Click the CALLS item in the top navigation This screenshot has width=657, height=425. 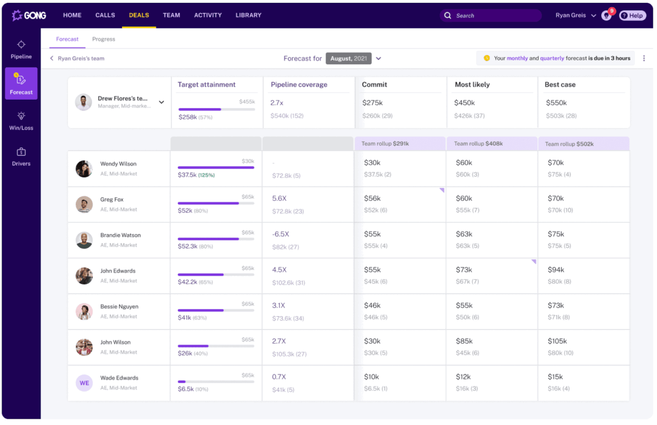(x=105, y=15)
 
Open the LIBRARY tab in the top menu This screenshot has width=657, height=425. (x=248, y=15)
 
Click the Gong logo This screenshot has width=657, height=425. (x=29, y=15)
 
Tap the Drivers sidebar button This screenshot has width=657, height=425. (x=21, y=157)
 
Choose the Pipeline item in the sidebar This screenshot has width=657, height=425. (x=21, y=49)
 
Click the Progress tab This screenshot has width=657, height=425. (x=103, y=39)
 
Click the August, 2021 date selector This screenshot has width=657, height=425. (x=349, y=59)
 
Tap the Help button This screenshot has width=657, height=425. (x=632, y=15)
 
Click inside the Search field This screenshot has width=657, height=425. (x=493, y=15)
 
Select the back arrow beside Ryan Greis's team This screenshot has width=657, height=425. (x=52, y=59)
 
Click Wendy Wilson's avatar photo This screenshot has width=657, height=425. (x=84, y=169)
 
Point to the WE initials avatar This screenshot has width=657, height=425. (x=84, y=383)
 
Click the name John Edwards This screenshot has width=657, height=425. (x=118, y=271)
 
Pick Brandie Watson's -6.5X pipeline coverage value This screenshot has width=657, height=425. (x=281, y=234)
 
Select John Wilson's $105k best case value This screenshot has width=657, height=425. (x=557, y=341)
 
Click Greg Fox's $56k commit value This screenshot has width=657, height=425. (x=372, y=199)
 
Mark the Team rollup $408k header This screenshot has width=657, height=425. (x=478, y=144)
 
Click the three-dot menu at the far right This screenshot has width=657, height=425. (x=644, y=59)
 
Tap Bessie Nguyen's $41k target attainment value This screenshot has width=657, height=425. (x=184, y=318)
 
